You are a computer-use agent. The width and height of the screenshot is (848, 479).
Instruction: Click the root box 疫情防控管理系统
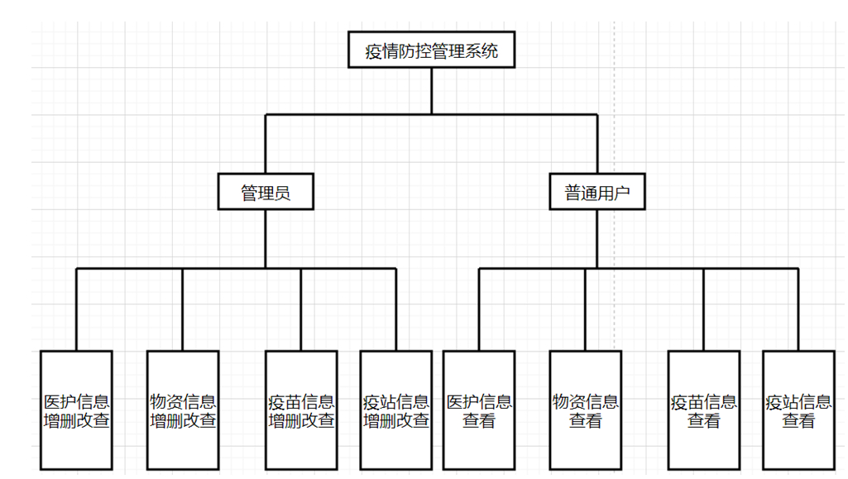point(431,51)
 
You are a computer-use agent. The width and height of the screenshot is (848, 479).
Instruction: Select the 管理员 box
point(266,193)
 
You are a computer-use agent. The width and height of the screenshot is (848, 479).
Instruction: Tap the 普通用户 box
point(596,193)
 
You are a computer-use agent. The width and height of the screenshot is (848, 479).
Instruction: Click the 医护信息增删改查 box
point(76,410)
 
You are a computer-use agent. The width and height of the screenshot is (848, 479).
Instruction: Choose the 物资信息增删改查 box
point(183,410)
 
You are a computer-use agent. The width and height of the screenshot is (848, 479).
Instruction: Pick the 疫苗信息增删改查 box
point(301,410)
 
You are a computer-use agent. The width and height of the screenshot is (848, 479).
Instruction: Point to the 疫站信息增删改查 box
point(396,410)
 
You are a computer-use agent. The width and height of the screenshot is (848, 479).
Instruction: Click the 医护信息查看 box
point(479,410)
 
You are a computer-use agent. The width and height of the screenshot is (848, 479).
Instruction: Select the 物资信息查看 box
point(585,410)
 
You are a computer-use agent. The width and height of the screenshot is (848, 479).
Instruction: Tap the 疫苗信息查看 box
point(704,410)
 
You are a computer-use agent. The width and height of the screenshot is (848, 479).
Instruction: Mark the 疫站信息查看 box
point(798,410)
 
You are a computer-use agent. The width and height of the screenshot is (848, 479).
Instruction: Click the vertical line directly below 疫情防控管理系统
point(431,91)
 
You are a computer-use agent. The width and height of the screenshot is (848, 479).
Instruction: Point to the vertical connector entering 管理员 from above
point(266,145)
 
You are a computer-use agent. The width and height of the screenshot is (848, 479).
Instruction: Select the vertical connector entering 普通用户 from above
point(596,145)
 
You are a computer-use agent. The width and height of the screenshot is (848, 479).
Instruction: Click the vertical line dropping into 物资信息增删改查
point(183,310)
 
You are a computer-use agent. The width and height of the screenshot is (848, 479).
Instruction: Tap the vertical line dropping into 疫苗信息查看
point(704,310)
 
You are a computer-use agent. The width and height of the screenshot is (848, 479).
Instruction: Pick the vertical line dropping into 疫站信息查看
point(798,310)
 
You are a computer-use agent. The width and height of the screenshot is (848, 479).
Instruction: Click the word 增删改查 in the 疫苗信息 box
point(301,421)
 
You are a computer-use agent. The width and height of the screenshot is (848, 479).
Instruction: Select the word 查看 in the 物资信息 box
point(585,421)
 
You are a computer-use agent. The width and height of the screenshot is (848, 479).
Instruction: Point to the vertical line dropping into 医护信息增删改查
point(76,310)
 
